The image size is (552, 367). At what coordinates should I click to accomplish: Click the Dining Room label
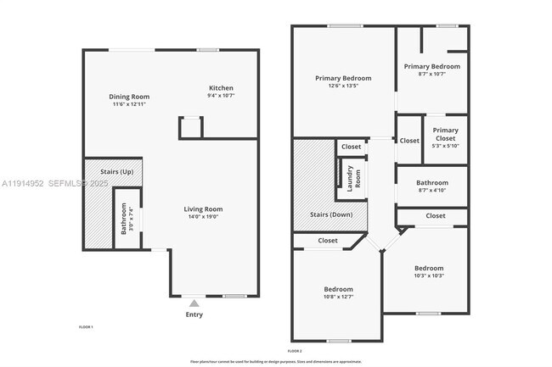(x=129, y=96)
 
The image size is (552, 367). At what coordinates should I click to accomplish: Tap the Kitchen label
(x=221, y=88)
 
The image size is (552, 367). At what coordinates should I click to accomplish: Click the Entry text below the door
(x=194, y=314)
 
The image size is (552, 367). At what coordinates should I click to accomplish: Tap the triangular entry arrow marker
(x=194, y=303)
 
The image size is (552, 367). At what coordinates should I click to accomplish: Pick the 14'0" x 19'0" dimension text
(x=204, y=217)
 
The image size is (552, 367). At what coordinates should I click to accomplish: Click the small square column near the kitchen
(x=190, y=127)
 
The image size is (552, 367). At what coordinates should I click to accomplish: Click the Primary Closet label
(x=445, y=135)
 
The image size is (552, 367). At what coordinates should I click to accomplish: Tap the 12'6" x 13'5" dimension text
(x=343, y=86)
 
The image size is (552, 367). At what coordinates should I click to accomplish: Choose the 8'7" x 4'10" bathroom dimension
(x=431, y=191)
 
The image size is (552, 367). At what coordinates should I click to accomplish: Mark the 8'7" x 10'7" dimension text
(x=431, y=75)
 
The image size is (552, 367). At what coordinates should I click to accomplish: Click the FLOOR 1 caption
(x=86, y=326)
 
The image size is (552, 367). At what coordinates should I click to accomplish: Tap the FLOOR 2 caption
(x=295, y=350)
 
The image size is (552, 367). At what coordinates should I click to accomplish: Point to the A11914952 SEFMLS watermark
(x=51, y=183)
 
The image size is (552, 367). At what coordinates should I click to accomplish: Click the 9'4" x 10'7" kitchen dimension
(x=221, y=97)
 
